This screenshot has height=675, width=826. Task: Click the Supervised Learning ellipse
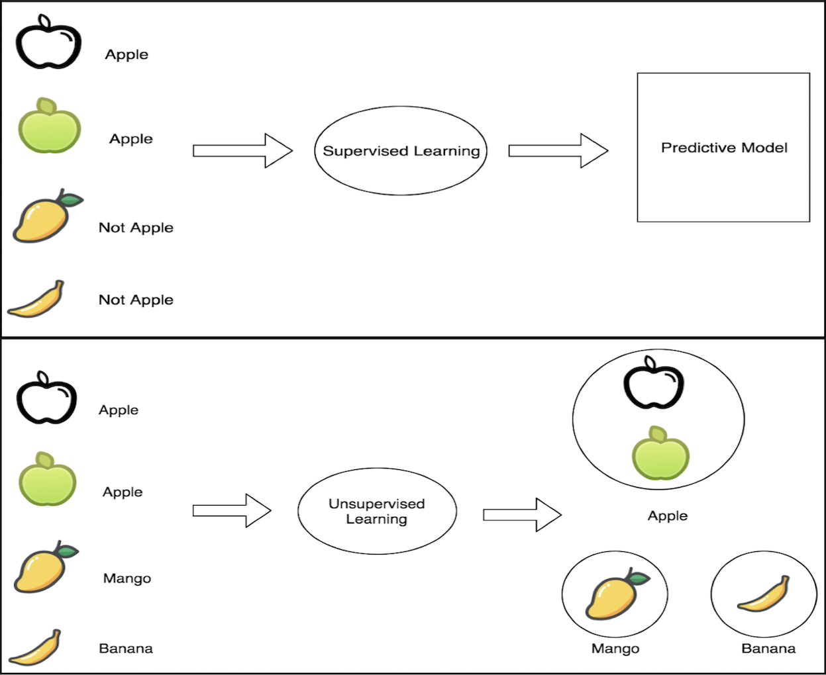[x=401, y=151]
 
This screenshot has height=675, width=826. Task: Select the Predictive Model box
[x=723, y=148]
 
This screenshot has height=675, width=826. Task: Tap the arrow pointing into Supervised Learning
[x=242, y=151]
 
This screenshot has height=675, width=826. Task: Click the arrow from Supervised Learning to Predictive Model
[x=558, y=151]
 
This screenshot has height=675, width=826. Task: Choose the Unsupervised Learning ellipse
[x=377, y=511]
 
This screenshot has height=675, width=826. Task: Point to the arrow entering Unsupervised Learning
[x=232, y=510]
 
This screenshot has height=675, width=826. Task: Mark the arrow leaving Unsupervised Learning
[x=522, y=515]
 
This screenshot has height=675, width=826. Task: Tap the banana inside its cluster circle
[x=764, y=594]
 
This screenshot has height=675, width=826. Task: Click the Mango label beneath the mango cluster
[x=615, y=649]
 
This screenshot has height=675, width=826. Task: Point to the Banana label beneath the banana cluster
[x=768, y=649]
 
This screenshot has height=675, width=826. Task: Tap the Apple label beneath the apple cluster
[x=668, y=516]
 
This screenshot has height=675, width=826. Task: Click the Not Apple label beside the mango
[x=136, y=228]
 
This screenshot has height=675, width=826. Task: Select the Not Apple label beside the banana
[x=136, y=300]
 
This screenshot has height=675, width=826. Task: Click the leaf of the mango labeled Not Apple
[x=71, y=199]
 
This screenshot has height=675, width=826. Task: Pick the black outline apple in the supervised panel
[x=48, y=43]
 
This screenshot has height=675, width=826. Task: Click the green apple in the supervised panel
[x=50, y=127]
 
